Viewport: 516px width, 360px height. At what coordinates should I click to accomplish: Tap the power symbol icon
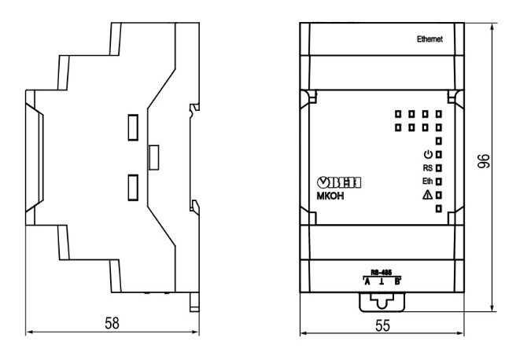coord(428,153)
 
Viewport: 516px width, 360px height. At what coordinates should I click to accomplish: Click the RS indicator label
coord(427,167)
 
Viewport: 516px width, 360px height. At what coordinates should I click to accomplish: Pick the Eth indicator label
coord(427,181)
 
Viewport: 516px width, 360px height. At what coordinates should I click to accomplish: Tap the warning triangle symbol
coord(428,194)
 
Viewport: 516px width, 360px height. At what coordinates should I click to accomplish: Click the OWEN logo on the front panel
coord(344,182)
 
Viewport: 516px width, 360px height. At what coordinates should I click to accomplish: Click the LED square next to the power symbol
coord(439,154)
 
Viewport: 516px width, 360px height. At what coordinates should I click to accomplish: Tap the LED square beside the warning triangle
coord(439,194)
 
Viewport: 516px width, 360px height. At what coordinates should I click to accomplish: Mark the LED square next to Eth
coord(439,181)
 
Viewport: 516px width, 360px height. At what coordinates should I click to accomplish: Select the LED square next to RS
coord(439,167)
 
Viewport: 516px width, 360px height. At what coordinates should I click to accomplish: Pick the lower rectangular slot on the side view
coord(134,187)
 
